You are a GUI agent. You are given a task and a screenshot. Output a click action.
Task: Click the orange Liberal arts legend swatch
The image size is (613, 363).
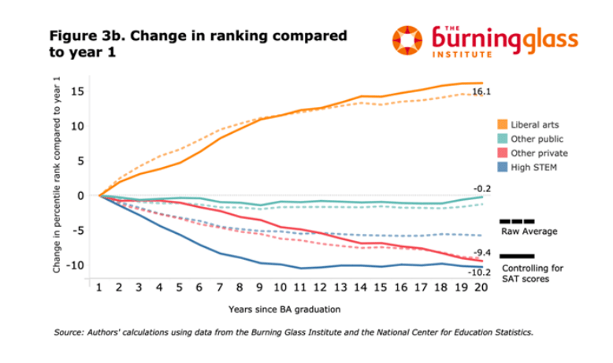coord(503,124)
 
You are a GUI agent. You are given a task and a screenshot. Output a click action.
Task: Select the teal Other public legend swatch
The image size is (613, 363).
coord(503,139)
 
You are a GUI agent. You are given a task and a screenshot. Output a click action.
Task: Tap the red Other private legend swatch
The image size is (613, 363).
coord(503,153)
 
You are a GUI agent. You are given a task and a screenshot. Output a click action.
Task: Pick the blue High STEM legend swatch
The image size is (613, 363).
coord(503,167)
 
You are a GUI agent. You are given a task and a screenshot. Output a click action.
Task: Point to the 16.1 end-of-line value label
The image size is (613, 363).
coord(481,93)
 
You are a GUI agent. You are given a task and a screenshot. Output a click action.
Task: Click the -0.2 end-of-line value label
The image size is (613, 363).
coord(482,189)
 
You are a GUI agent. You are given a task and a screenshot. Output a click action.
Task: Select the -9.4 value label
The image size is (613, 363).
coord(483,253)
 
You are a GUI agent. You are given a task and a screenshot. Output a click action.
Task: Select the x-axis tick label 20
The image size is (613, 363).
coord(480,289)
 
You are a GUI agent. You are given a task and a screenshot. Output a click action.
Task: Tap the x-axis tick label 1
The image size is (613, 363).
coord(99,289)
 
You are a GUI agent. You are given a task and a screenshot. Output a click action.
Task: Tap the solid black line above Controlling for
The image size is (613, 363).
coord(517,256)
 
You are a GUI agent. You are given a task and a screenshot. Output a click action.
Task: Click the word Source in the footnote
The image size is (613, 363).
coord(69,332)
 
